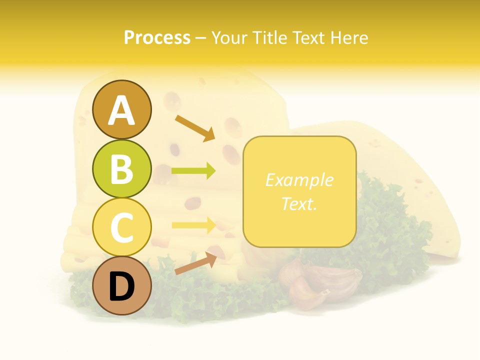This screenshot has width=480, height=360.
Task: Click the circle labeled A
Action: (x=122, y=109)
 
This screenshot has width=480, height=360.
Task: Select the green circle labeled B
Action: (x=122, y=168)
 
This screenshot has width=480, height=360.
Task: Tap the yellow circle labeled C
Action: (x=122, y=227)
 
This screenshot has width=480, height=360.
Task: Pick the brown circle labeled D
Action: (x=122, y=285)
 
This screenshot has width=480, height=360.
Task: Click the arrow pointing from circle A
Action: (x=195, y=128)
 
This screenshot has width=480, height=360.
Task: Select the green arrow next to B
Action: (x=193, y=171)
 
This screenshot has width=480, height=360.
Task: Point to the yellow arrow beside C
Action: (x=193, y=225)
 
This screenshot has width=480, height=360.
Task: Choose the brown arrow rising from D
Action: (x=195, y=263)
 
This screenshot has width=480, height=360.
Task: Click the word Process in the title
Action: (x=157, y=37)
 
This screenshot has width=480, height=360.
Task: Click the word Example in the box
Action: (x=299, y=180)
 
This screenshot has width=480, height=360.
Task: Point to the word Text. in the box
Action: (x=299, y=203)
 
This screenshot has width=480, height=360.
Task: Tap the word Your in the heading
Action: (x=229, y=37)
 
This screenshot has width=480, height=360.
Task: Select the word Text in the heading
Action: (x=309, y=37)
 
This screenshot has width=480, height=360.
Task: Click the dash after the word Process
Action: (x=200, y=38)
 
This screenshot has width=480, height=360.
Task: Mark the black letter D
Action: (x=122, y=287)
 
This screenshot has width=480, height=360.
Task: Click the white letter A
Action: (x=122, y=110)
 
